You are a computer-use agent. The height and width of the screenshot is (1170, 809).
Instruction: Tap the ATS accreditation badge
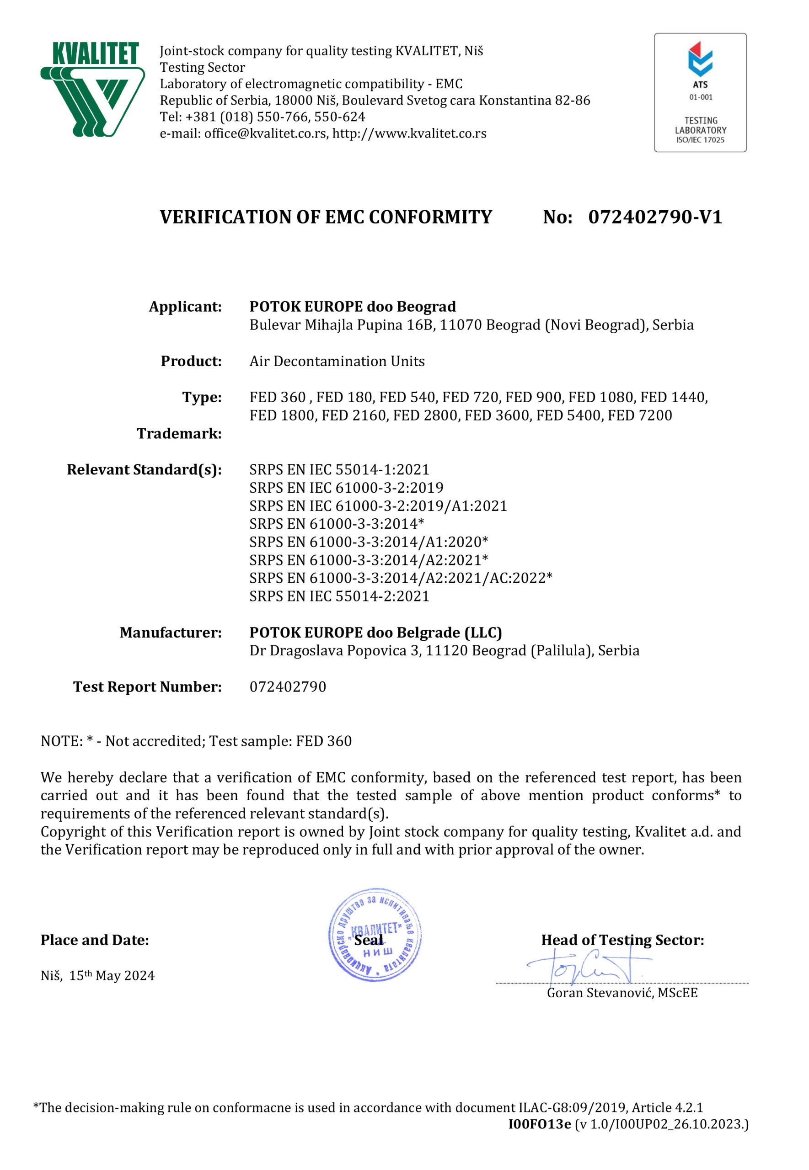click(700, 92)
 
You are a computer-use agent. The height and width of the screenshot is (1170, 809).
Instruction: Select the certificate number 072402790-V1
click(655, 217)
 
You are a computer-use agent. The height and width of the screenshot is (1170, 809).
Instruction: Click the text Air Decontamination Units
click(337, 361)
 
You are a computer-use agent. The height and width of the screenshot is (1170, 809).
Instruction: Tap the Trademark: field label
click(179, 434)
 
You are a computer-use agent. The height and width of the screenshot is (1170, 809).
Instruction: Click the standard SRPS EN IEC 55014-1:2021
click(339, 469)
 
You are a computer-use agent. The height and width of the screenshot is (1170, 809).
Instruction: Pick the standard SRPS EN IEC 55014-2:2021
click(339, 596)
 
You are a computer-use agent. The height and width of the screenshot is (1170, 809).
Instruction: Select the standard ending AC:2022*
click(401, 578)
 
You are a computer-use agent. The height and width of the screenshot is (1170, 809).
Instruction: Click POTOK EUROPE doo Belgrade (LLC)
click(375, 633)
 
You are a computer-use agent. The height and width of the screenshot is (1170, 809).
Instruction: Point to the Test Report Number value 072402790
click(287, 687)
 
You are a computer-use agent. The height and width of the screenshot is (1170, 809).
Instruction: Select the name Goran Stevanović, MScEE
click(622, 993)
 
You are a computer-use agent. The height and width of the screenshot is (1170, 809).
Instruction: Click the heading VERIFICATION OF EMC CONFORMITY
click(326, 217)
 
